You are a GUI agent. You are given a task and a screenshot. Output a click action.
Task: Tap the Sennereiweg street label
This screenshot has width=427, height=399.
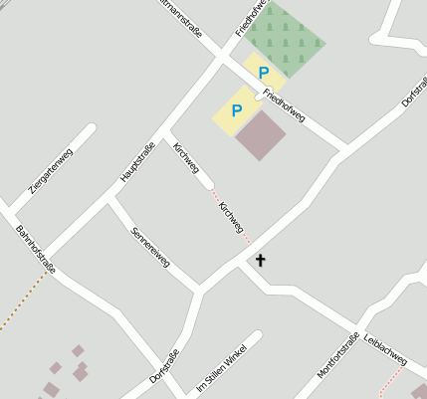150,248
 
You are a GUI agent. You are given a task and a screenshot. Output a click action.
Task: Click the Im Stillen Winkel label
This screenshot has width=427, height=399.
220,367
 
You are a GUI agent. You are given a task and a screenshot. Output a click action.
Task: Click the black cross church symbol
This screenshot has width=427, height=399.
261,261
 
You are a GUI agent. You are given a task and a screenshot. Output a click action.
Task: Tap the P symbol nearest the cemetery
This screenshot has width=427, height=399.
264,73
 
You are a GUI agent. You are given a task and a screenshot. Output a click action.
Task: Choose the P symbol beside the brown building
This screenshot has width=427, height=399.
237,111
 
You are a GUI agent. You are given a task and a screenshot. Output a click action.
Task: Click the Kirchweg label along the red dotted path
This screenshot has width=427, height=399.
231,214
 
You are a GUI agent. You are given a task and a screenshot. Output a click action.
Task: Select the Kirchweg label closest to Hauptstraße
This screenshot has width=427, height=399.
186,160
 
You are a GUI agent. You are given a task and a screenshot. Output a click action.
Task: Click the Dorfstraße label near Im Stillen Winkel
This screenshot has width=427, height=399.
164,367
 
